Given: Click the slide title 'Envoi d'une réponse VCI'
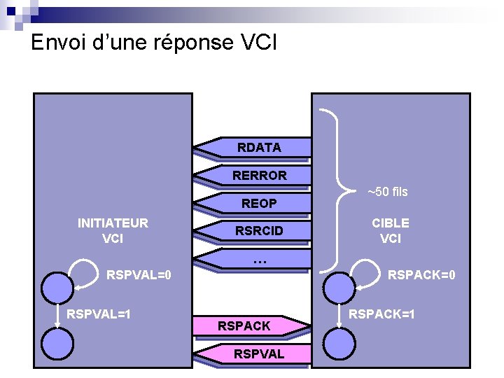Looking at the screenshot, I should click(154, 43).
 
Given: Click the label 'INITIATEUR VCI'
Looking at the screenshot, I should click(113, 230).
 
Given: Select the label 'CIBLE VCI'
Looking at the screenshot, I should click(390, 230).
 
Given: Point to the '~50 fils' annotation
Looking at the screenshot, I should click(388, 192).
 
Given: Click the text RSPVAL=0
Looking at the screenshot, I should click(139, 275).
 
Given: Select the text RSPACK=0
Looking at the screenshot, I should click(422, 275).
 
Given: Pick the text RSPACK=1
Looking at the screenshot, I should click(382, 314).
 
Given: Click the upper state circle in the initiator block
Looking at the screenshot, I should click(57, 287).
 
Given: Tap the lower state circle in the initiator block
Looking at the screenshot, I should click(57, 344).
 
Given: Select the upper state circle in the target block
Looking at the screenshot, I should click(340, 287).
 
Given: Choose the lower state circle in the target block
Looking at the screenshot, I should click(340, 344).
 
